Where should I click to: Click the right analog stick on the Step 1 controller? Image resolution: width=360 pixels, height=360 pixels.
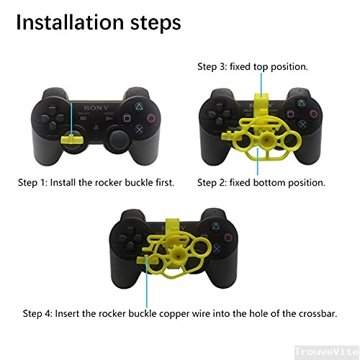pyautogui.click(x=115, y=137)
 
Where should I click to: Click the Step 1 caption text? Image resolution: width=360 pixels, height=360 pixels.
pyautogui.click(x=96, y=182)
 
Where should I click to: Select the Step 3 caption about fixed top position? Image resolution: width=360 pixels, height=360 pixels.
pyautogui.click(x=253, y=66)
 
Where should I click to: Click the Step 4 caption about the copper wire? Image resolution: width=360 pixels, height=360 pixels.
pyautogui.click(x=180, y=313)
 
